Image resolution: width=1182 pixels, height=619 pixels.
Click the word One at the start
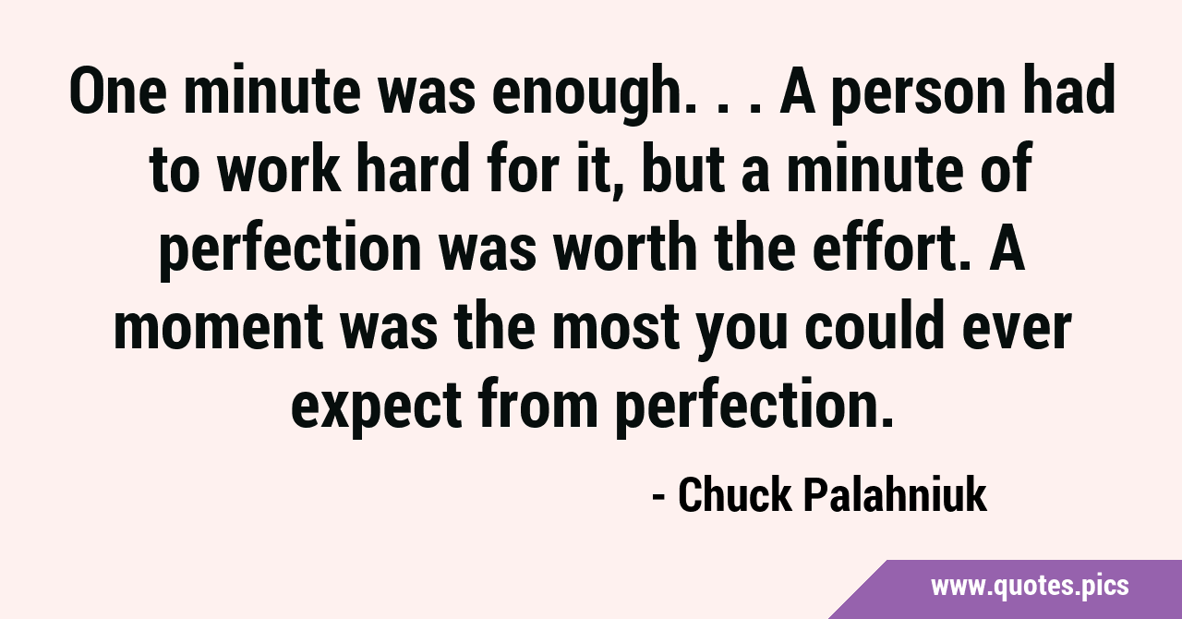pos(118,90)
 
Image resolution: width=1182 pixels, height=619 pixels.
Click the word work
pos(280,167)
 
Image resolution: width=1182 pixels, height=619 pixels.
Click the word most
pos(615,326)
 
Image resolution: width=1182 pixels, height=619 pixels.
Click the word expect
pos(377,409)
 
